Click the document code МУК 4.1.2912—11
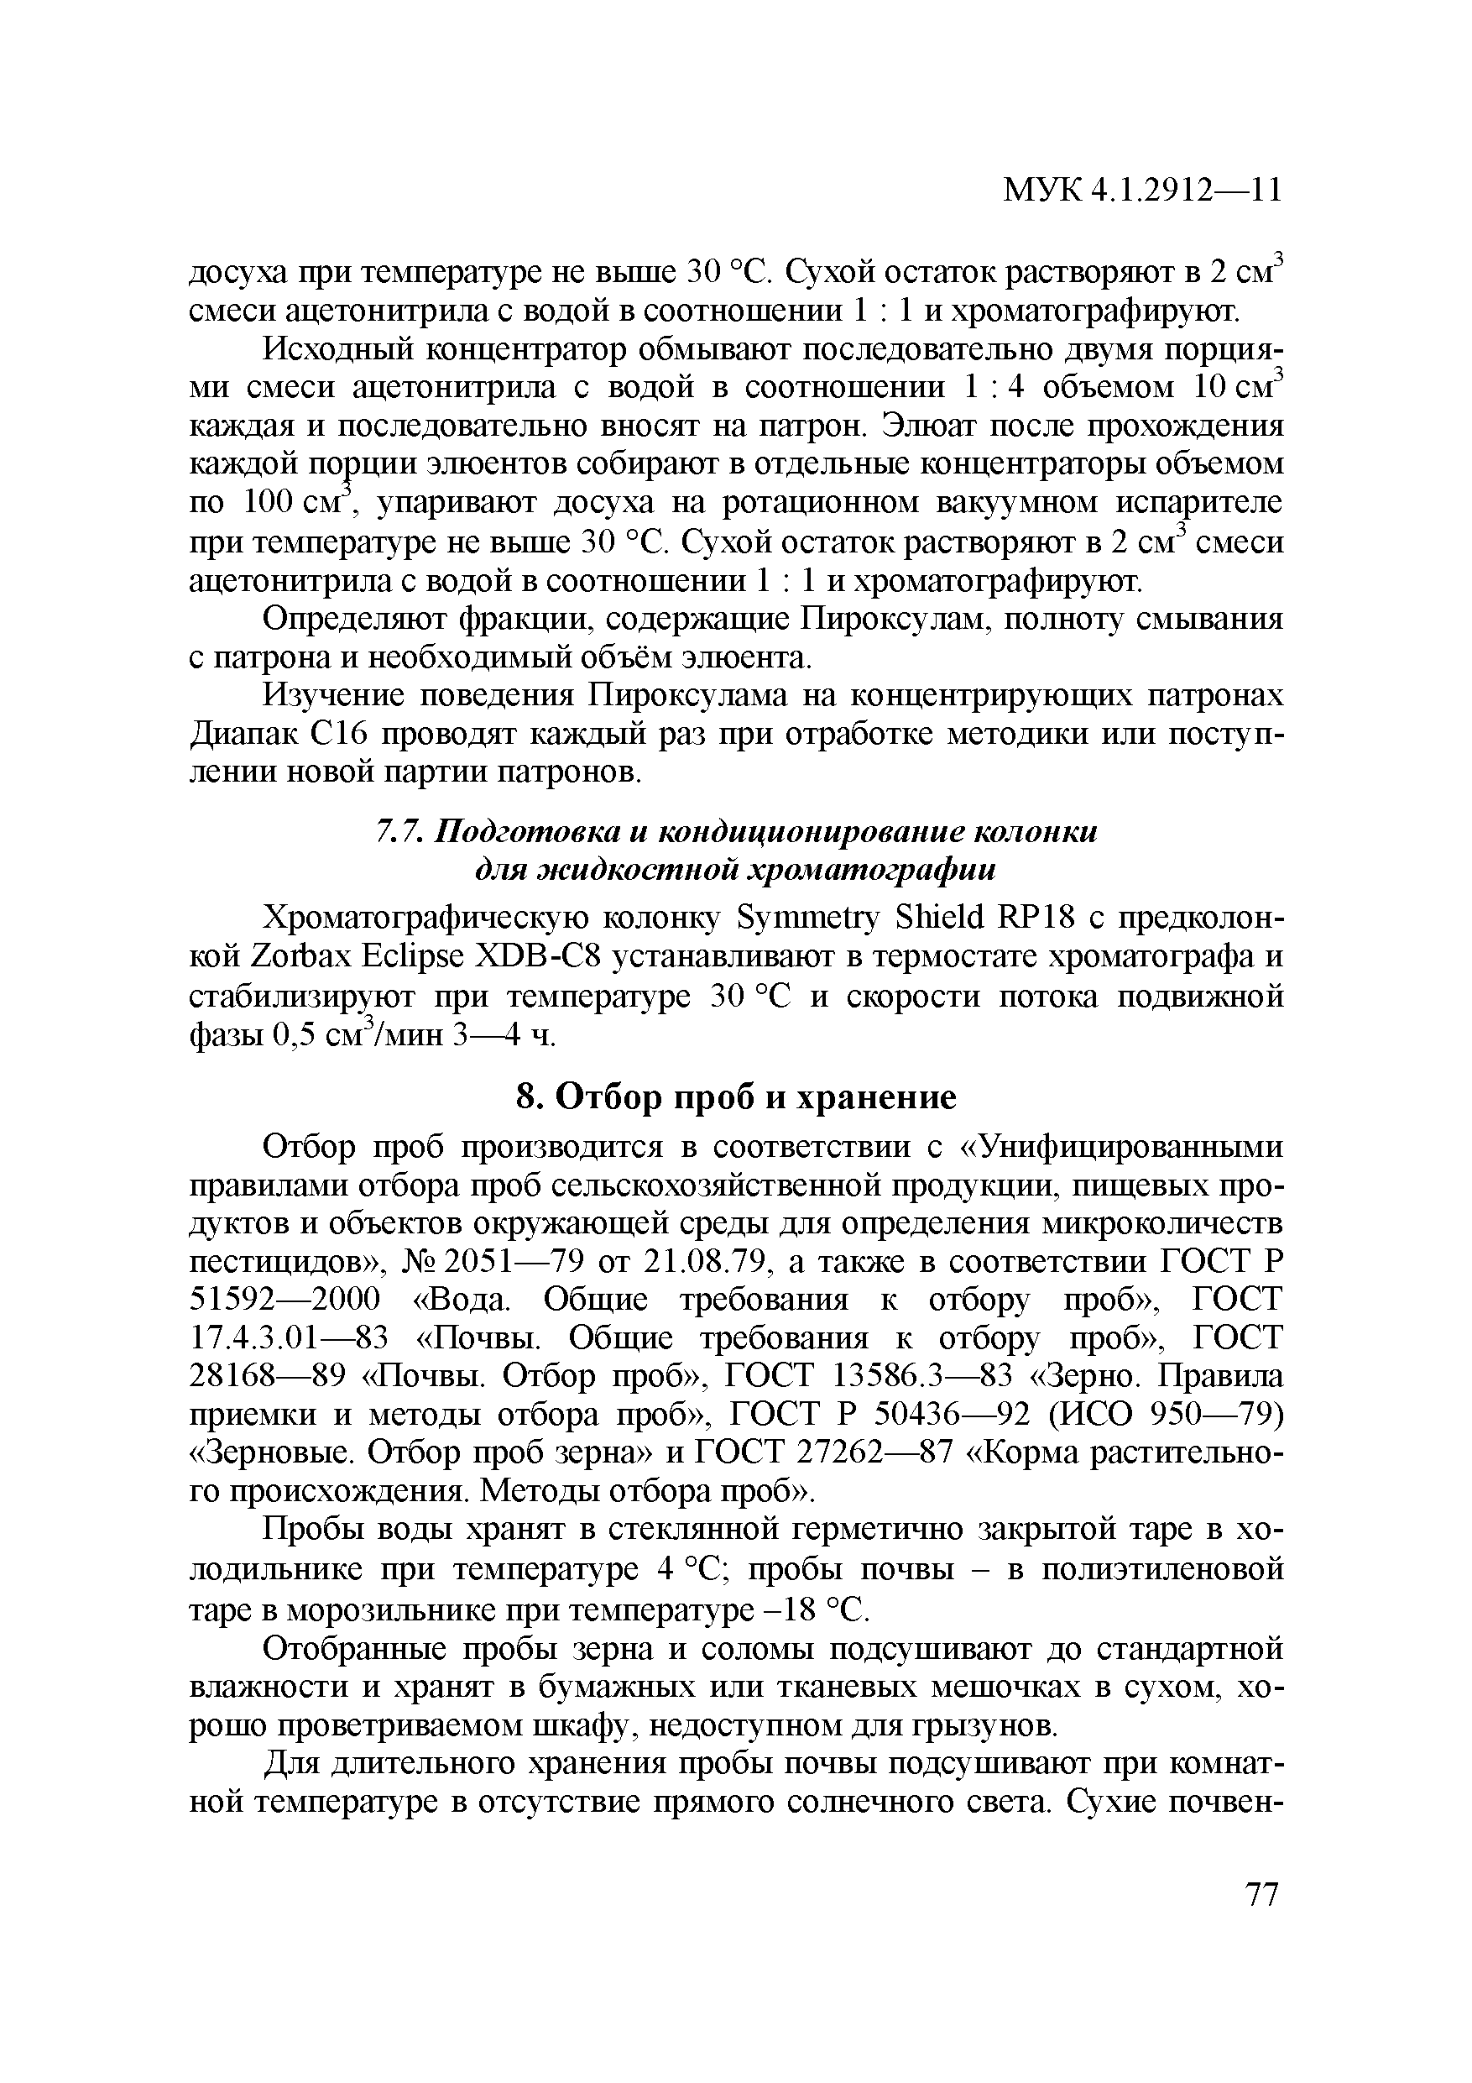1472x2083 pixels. (1142, 190)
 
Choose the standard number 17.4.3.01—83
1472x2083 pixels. (289, 1338)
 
